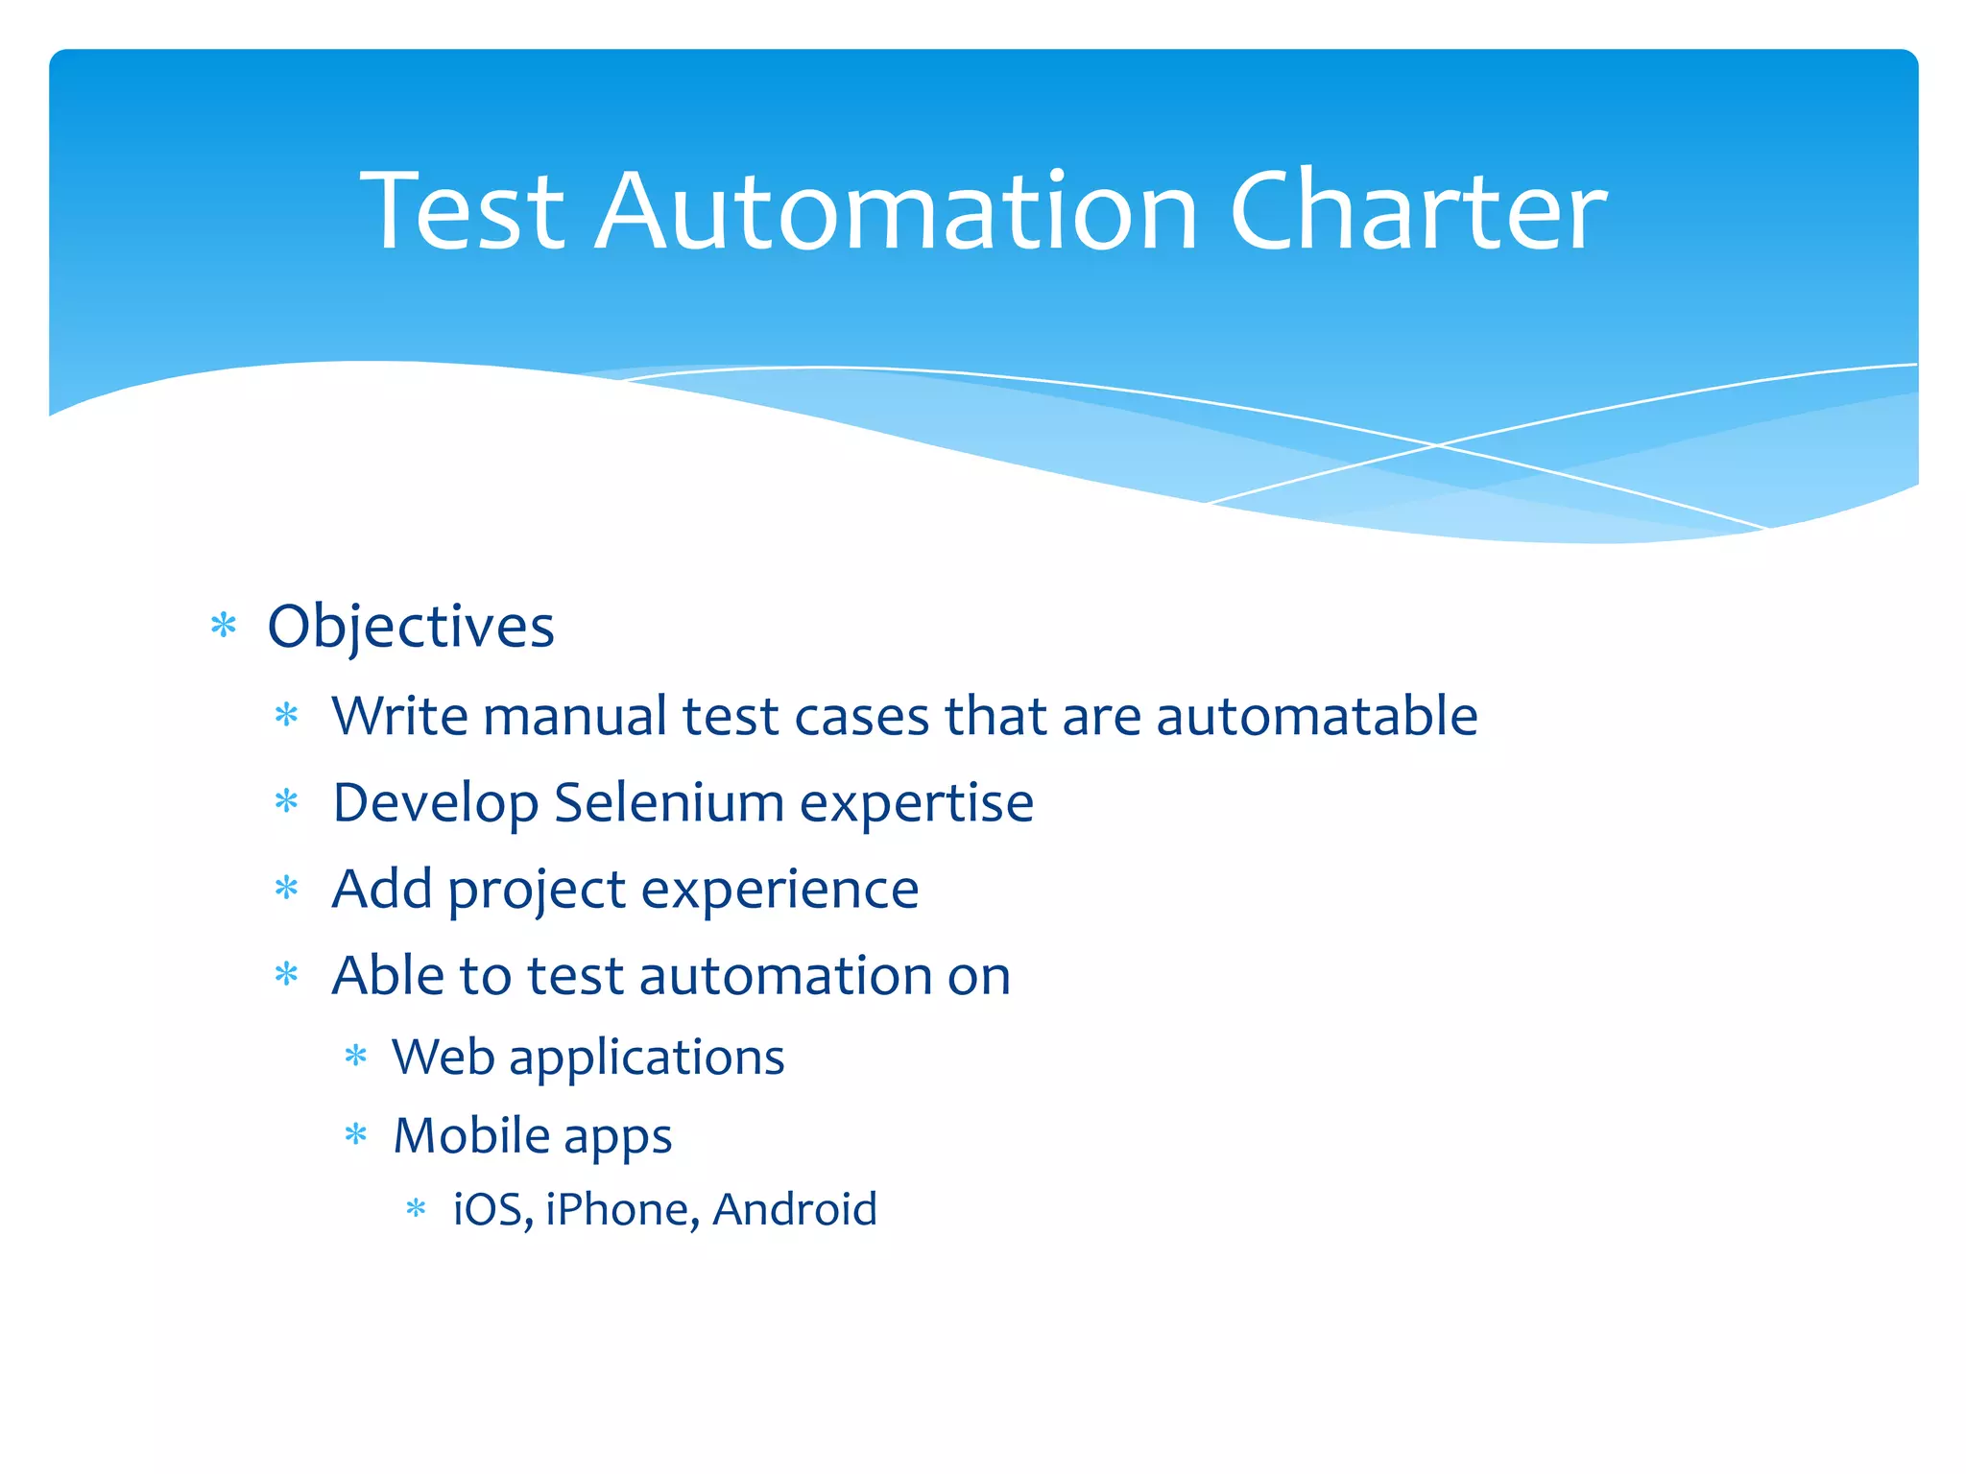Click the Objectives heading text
pyautogui.click(x=410, y=627)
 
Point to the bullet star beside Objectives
pyautogui.click(x=223, y=627)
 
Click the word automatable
pyautogui.click(x=1316, y=716)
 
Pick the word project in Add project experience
pyautogui.click(x=537, y=891)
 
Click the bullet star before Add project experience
pyautogui.click(x=287, y=889)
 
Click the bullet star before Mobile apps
pyautogui.click(x=356, y=1135)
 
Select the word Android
pyautogui.click(x=794, y=1209)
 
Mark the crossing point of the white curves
pyautogui.click(x=1437, y=444)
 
